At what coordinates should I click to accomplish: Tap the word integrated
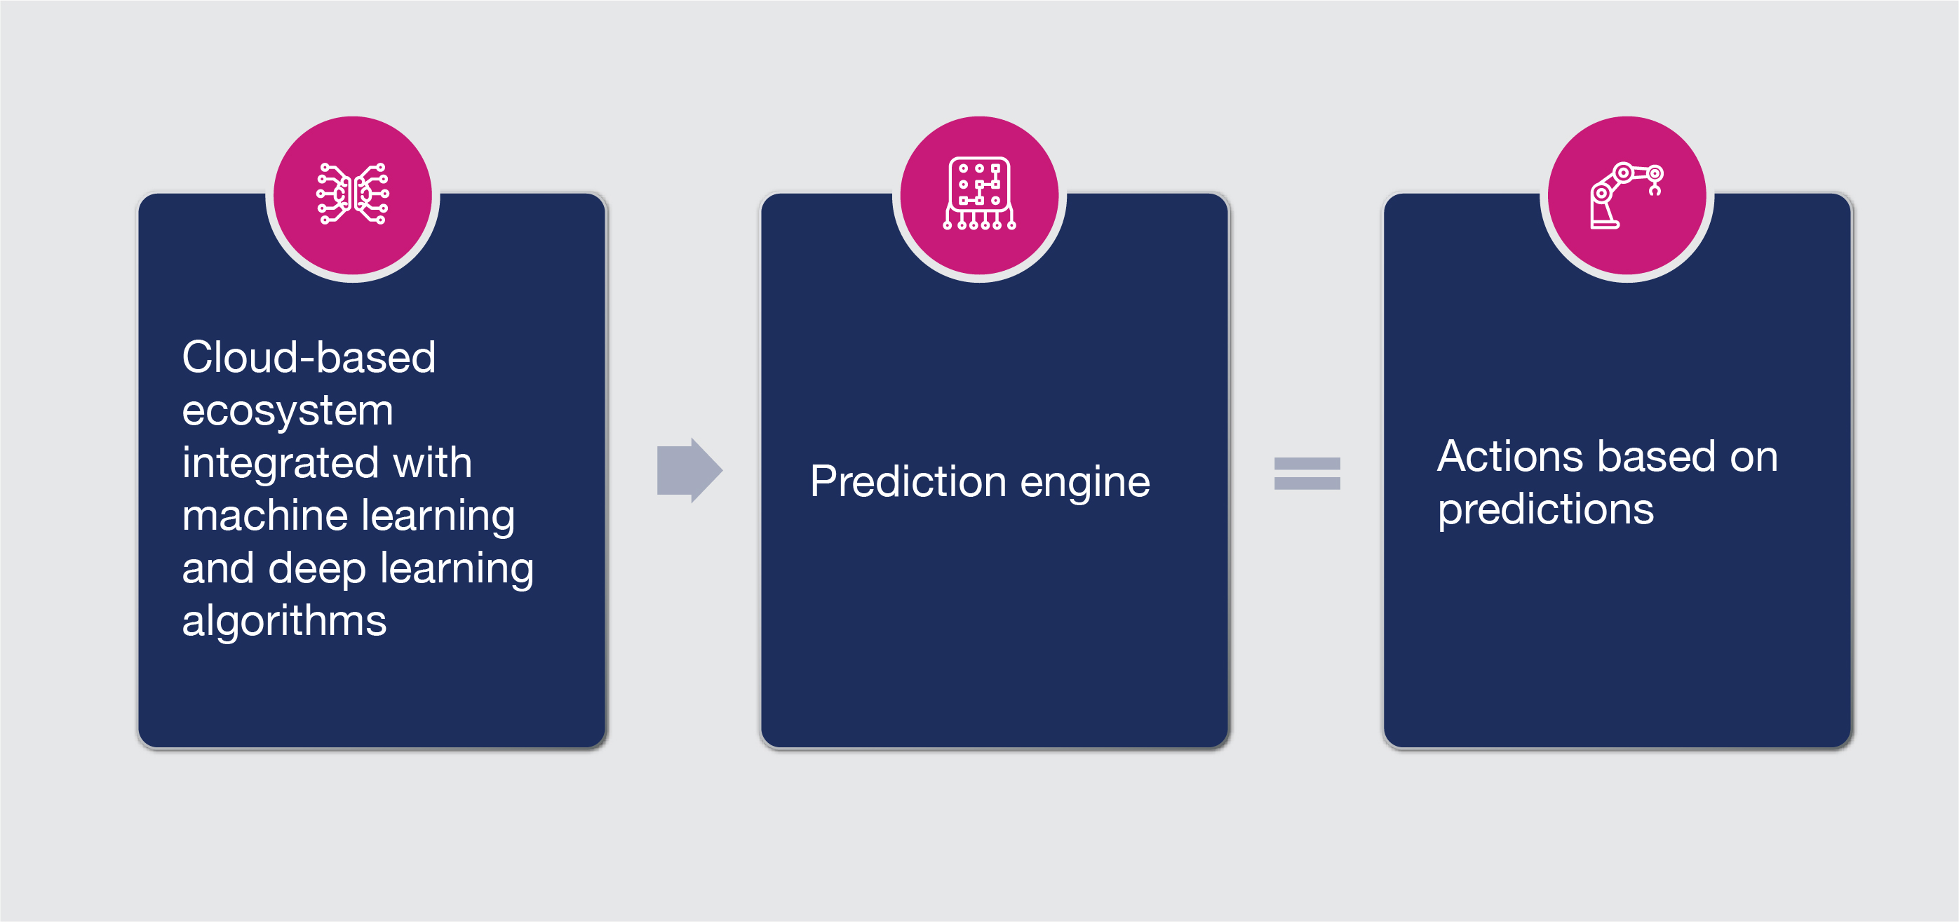click(281, 463)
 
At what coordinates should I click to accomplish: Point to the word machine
click(264, 515)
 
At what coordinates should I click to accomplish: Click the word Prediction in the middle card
click(908, 481)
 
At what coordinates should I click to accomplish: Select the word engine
click(1085, 485)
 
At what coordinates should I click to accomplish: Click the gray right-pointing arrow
click(689, 470)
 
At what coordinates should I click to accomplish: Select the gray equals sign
click(1307, 473)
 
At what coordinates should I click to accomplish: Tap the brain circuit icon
click(353, 194)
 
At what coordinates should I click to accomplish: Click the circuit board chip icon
click(979, 193)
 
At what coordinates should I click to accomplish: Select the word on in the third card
click(1753, 458)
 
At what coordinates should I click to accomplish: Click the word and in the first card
click(217, 568)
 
